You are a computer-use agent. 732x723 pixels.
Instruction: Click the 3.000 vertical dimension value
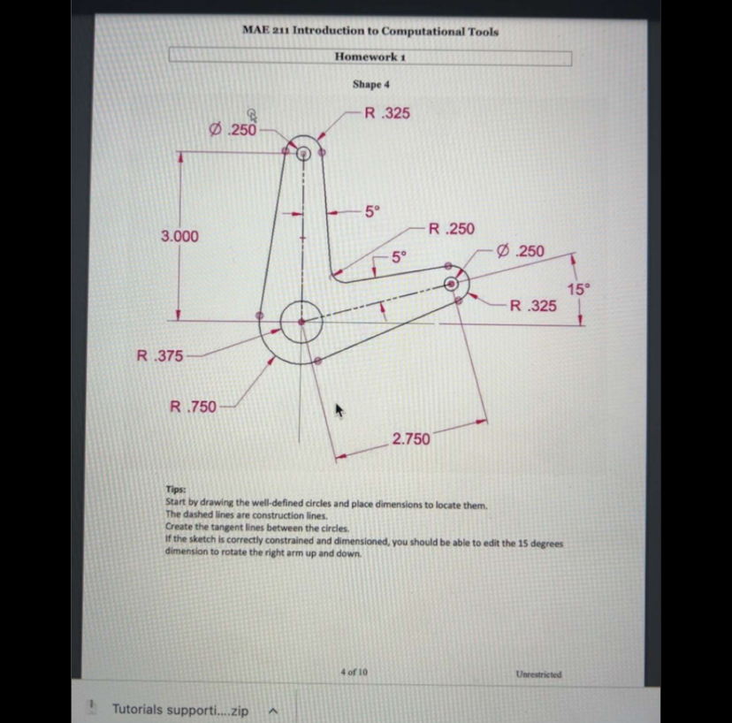(x=179, y=236)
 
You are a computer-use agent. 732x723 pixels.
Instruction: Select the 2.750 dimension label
(x=411, y=438)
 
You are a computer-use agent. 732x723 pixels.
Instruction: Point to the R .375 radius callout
(x=160, y=355)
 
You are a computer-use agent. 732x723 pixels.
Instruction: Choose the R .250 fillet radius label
(x=450, y=229)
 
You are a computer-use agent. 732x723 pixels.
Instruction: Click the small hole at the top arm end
(x=303, y=152)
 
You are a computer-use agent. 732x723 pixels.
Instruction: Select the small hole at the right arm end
(x=452, y=284)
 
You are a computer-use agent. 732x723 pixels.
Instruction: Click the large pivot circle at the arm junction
(x=301, y=321)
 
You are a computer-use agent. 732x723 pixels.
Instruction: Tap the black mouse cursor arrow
(x=338, y=410)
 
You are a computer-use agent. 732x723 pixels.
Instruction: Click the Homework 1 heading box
(x=370, y=57)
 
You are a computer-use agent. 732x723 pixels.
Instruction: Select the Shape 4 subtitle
(x=370, y=84)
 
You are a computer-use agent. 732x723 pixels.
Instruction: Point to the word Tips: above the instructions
(x=176, y=488)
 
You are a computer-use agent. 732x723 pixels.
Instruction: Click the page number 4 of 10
(x=354, y=673)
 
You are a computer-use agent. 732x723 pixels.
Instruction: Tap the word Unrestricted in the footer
(x=538, y=674)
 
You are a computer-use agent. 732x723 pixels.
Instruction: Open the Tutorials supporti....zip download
(x=179, y=709)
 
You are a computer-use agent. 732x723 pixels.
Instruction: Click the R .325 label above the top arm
(x=387, y=113)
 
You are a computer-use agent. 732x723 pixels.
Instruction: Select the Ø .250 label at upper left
(x=232, y=130)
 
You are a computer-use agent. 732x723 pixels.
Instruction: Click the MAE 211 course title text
(x=370, y=30)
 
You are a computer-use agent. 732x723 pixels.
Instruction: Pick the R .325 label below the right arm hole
(x=533, y=306)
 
